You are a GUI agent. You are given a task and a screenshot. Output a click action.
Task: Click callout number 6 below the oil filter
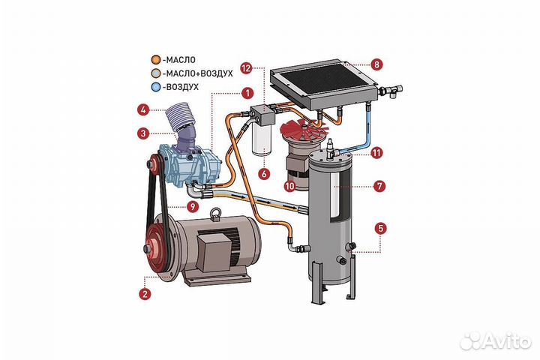click(x=263, y=173)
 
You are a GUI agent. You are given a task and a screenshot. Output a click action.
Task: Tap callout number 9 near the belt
click(x=193, y=207)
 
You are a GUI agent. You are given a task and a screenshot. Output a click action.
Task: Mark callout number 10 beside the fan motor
click(x=289, y=184)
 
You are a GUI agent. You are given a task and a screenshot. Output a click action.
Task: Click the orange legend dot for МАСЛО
click(x=155, y=58)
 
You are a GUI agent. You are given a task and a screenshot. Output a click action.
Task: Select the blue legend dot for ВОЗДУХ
click(x=155, y=87)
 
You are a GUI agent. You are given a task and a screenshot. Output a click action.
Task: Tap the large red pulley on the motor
click(x=159, y=247)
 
